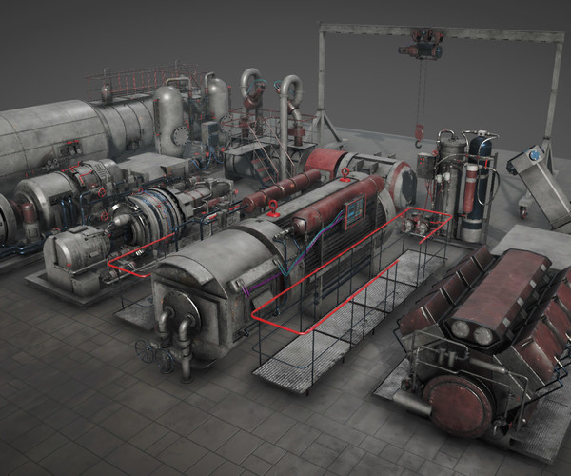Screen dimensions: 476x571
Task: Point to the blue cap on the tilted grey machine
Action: coord(535,153)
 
